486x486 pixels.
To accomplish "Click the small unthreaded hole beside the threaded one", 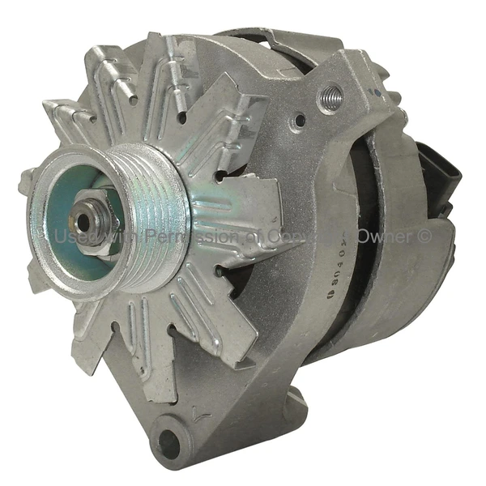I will (300, 121).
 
